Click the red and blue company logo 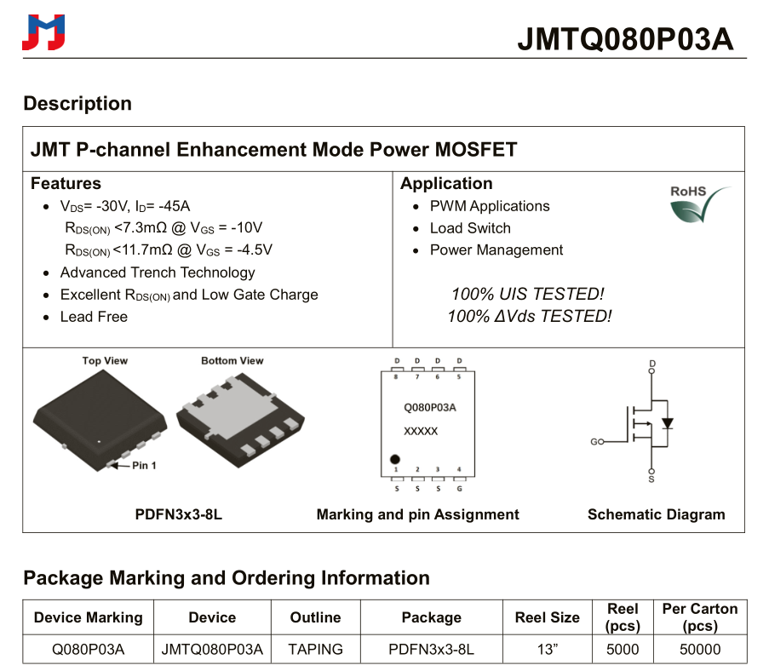[x=43, y=32]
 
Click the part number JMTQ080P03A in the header [x=625, y=39]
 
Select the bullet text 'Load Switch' [x=470, y=228]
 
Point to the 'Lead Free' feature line [x=94, y=317]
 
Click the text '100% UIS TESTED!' [x=527, y=294]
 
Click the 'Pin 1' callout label [x=144, y=466]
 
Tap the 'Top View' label [x=105, y=361]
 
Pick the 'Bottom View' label [x=232, y=361]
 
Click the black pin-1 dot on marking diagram [x=395, y=460]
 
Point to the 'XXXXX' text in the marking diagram [x=421, y=432]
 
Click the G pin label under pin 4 [x=460, y=488]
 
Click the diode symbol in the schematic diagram [x=668, y=423]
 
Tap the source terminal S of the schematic [x=652, y=479]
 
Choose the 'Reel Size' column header [x=547, y=617]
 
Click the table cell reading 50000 [x=699, y=649]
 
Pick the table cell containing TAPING [x=315, y=649]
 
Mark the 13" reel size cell [x=547, y=649]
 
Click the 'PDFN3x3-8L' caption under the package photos [x=179, y=514]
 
